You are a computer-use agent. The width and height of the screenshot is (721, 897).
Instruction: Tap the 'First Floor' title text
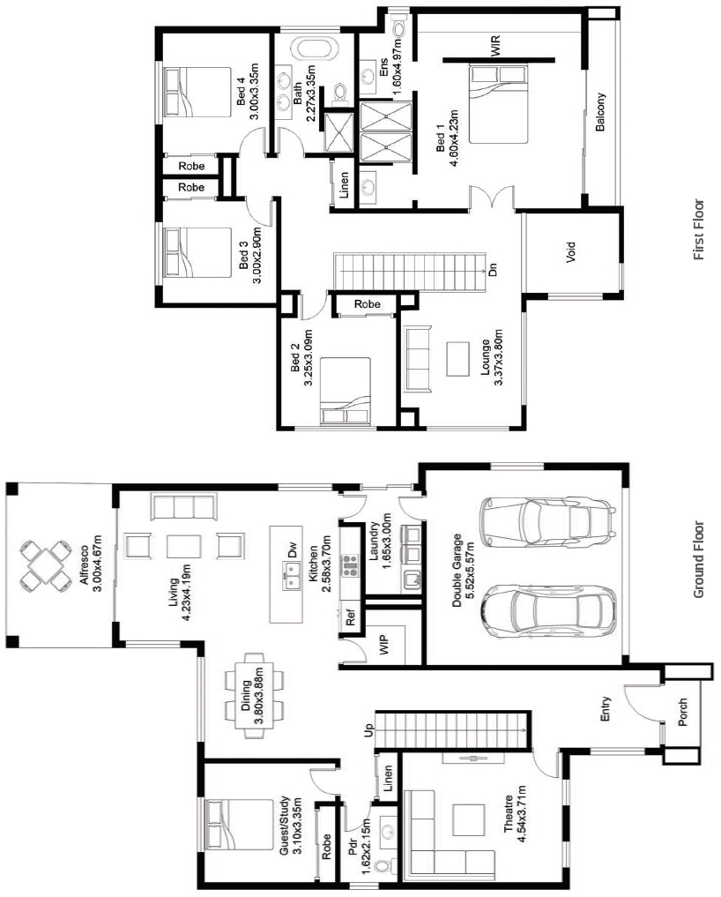699,229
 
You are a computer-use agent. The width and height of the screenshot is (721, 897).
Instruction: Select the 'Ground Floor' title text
699,559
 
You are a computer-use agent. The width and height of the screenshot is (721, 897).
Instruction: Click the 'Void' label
570,252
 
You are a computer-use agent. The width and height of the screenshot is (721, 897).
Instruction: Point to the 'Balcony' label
599,112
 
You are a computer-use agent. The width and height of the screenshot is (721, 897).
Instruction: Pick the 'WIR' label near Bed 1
495,47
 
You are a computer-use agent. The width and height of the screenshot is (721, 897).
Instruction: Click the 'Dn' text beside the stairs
493,269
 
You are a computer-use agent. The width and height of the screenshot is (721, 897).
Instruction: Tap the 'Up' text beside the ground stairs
368,730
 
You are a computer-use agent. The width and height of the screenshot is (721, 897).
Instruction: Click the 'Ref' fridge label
351,617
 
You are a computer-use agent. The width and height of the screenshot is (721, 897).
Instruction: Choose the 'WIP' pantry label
383,644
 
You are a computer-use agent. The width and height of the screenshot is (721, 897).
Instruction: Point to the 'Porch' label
683,713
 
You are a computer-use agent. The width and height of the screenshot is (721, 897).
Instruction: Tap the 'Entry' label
606,708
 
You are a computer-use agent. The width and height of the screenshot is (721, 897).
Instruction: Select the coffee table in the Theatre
468,819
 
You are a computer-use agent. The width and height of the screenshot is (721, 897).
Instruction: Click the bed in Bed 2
345,392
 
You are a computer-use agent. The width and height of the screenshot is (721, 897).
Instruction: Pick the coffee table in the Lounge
457,359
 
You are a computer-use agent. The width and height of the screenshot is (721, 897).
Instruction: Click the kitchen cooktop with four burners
349,564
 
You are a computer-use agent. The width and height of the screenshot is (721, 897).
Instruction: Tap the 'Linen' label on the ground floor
388,779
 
